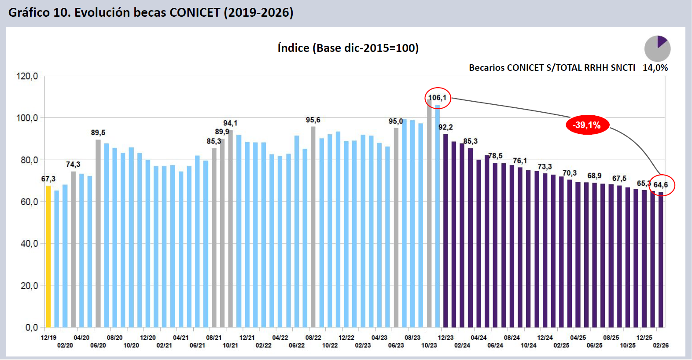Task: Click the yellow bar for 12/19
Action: pos(48,257)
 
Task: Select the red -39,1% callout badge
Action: pos(587,125)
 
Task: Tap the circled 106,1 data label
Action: pos(438,98)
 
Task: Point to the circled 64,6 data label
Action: pos(661,185)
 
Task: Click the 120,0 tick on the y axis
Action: pos(27,76)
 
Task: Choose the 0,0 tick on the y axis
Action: pos(31,327)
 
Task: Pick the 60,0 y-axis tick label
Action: pos(29,202)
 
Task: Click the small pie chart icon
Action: pos(657,48)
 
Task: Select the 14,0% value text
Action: pos(655,68)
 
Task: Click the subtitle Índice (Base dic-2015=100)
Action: pos(348,48)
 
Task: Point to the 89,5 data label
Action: pos(98,132)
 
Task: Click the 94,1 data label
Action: pos(230,123)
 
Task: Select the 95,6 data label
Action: pos(313,120)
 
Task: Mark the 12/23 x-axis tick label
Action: pos(445,338)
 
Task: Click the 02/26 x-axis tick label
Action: pos(661,345)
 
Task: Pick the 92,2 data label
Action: pos(445,127)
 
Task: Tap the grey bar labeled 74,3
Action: pos(74,249)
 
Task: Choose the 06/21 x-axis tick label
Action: pos(197,345)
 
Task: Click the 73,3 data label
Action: pos(545,166)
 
